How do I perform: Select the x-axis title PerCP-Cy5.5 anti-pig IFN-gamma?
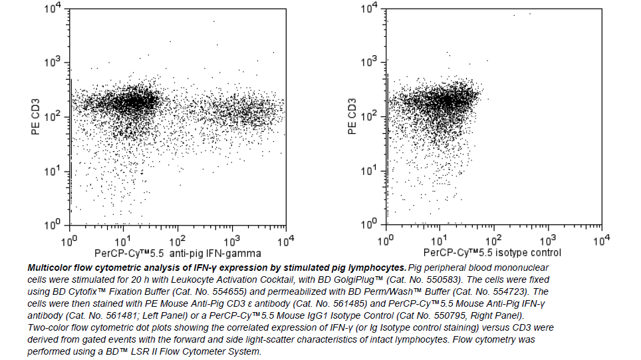click(x=178, y=254)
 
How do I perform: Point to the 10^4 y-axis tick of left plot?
click(x=53, y=9)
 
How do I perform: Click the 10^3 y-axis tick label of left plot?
click(x=53, y=63)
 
